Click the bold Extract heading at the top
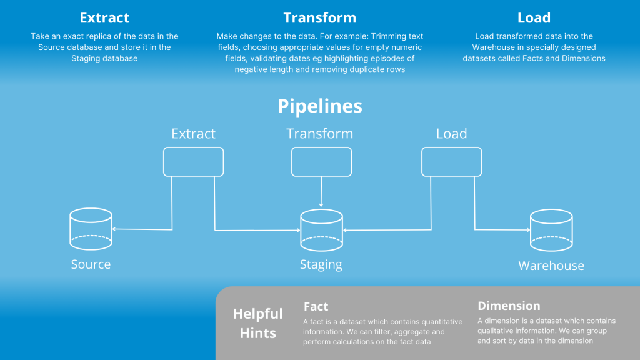click(x=104, y=17)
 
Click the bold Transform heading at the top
click(x=319, y=17)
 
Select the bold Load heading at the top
click(x=534, y=17)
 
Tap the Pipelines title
click(x=320, y=106)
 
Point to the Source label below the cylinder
click(x=91, y=264)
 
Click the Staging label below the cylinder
click(x=321, y=264)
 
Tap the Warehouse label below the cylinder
click(x=551, y=266)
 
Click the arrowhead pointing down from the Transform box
click(x=321, y=205)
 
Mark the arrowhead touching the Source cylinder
click(x=114, y=229)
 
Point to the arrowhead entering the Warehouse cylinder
click(x=528, y=230)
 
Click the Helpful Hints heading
click(x=257, y=323)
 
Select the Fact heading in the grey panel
click(x=316, y=306)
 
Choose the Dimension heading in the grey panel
click(x=509, y=306)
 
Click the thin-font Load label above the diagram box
click(x=451, y=134)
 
